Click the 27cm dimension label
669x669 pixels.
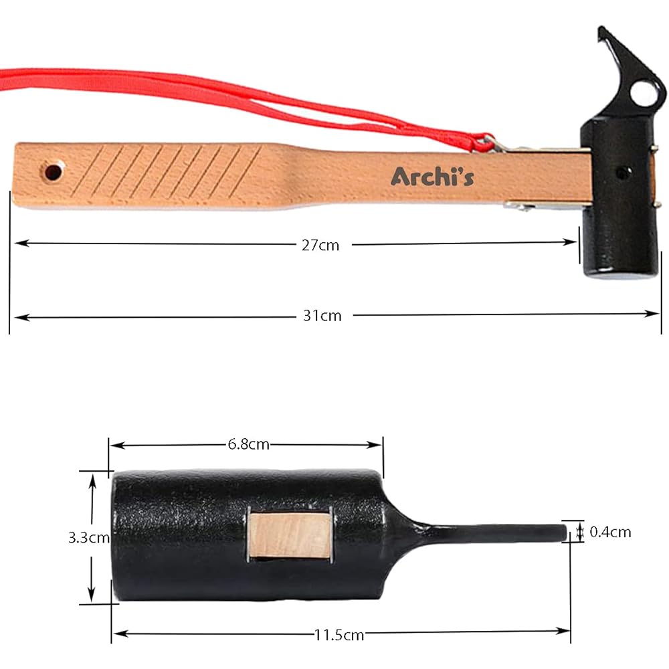click(x=320, y=246)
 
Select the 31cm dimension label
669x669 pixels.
click(x=322, y=316)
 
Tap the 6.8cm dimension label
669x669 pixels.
click(x=248, y=444)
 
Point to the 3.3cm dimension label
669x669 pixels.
click(x=89, y=538)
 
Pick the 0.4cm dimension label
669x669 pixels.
click(x=610, y=532)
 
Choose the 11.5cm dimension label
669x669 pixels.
click(x=339, y=635)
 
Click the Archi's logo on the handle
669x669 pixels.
click(x=432, y=176)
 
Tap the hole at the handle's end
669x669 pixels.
click(x=53, y=172)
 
